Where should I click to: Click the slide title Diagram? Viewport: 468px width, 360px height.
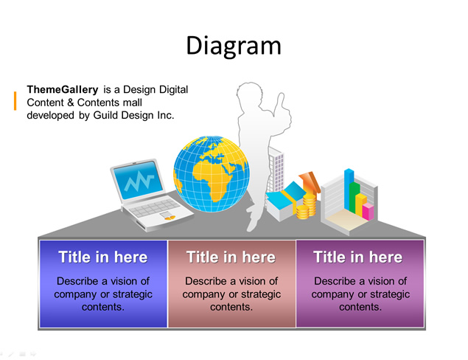tap(234, 46)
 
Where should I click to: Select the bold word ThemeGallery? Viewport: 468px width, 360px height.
tap(63, 89)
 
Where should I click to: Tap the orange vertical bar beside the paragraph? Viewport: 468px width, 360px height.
tap(15, 101)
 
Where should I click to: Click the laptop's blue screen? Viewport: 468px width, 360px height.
tap(139, 180)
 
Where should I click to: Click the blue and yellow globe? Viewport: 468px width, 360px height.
tap(212, 174)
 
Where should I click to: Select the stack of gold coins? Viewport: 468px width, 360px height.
tap(307, 206)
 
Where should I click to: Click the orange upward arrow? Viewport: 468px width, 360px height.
tap(310, 181)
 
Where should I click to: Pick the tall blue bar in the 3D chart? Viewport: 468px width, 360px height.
tap(349, 189)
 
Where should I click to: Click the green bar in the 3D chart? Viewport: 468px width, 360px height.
tap(355, 196)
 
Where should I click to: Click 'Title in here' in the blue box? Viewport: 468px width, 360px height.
tap(103, 257)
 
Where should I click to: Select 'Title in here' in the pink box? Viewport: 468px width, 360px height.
tap(231, 257)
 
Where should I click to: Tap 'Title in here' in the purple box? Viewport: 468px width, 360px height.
tap(358, 257)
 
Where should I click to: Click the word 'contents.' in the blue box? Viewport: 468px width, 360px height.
tap(103, 307)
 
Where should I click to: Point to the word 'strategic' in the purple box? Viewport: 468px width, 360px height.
tap(389, 294)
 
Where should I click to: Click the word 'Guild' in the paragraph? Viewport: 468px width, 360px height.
tap(105, 115)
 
